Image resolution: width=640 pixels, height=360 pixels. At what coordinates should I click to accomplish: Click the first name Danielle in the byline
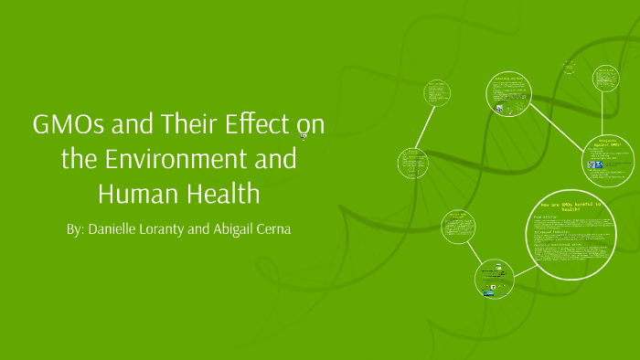(113, 228)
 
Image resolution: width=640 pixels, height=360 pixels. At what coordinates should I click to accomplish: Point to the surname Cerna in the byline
(272, 228)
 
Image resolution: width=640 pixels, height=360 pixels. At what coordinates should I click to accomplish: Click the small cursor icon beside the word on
(304, 137)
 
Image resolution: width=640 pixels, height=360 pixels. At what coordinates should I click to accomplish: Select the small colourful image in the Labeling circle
(500, 108)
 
